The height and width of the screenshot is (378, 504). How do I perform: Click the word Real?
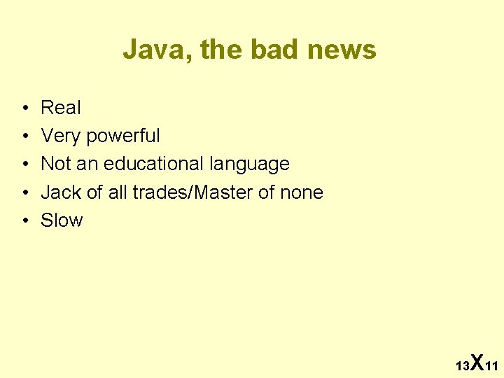pos(61,108)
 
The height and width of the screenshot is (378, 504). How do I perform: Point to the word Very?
pos(61,136)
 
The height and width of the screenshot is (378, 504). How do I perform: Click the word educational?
pos(153,164)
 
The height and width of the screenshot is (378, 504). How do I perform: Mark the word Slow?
pos(62,220)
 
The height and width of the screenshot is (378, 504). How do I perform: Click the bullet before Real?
pos(24,108)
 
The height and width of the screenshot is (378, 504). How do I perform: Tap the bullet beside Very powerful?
pos(24,136)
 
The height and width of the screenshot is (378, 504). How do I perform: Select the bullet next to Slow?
pos(24,221)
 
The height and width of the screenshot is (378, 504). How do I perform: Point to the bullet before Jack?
pos(24,192)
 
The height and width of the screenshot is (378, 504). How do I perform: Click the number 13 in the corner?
pos(462,366)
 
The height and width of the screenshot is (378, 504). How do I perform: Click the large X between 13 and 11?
pos(477,362)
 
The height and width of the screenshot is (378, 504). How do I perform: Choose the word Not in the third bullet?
pos(55,164)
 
